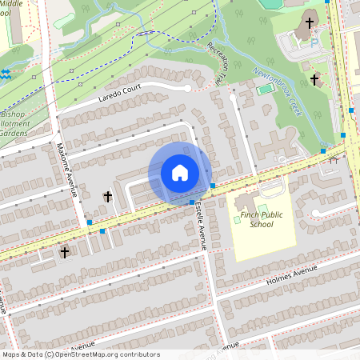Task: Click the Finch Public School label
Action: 262,219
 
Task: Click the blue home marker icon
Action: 180,173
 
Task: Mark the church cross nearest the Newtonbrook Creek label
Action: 315,79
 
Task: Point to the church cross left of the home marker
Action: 107,196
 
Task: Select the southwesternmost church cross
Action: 65,252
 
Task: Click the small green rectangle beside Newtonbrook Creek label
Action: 265,90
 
